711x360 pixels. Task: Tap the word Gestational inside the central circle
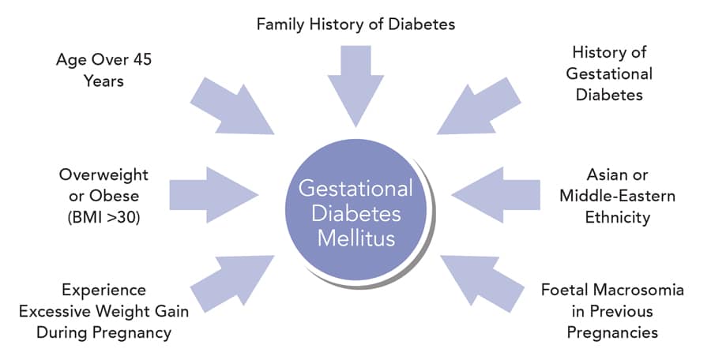coord(355,190)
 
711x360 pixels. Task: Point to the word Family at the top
coord(280,24)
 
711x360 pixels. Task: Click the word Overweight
coord(102,174)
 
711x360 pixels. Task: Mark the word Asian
coord(604,174)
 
